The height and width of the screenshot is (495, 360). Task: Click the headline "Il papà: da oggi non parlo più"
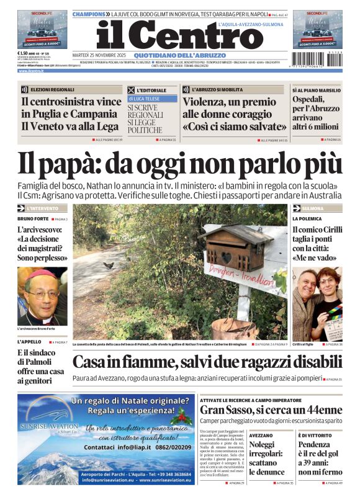179,163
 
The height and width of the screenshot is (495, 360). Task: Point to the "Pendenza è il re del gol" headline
319,457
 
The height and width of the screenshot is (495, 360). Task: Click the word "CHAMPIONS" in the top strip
90,13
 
